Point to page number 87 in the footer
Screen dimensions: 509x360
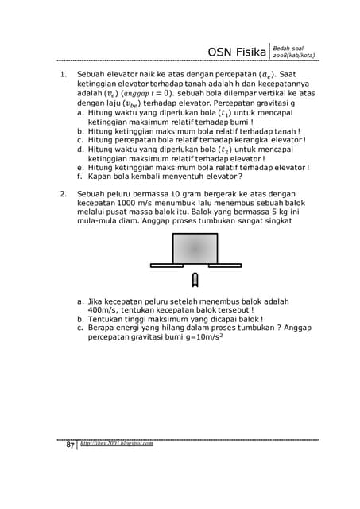(x=69, y=445)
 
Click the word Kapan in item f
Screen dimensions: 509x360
(x=101, y=177)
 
